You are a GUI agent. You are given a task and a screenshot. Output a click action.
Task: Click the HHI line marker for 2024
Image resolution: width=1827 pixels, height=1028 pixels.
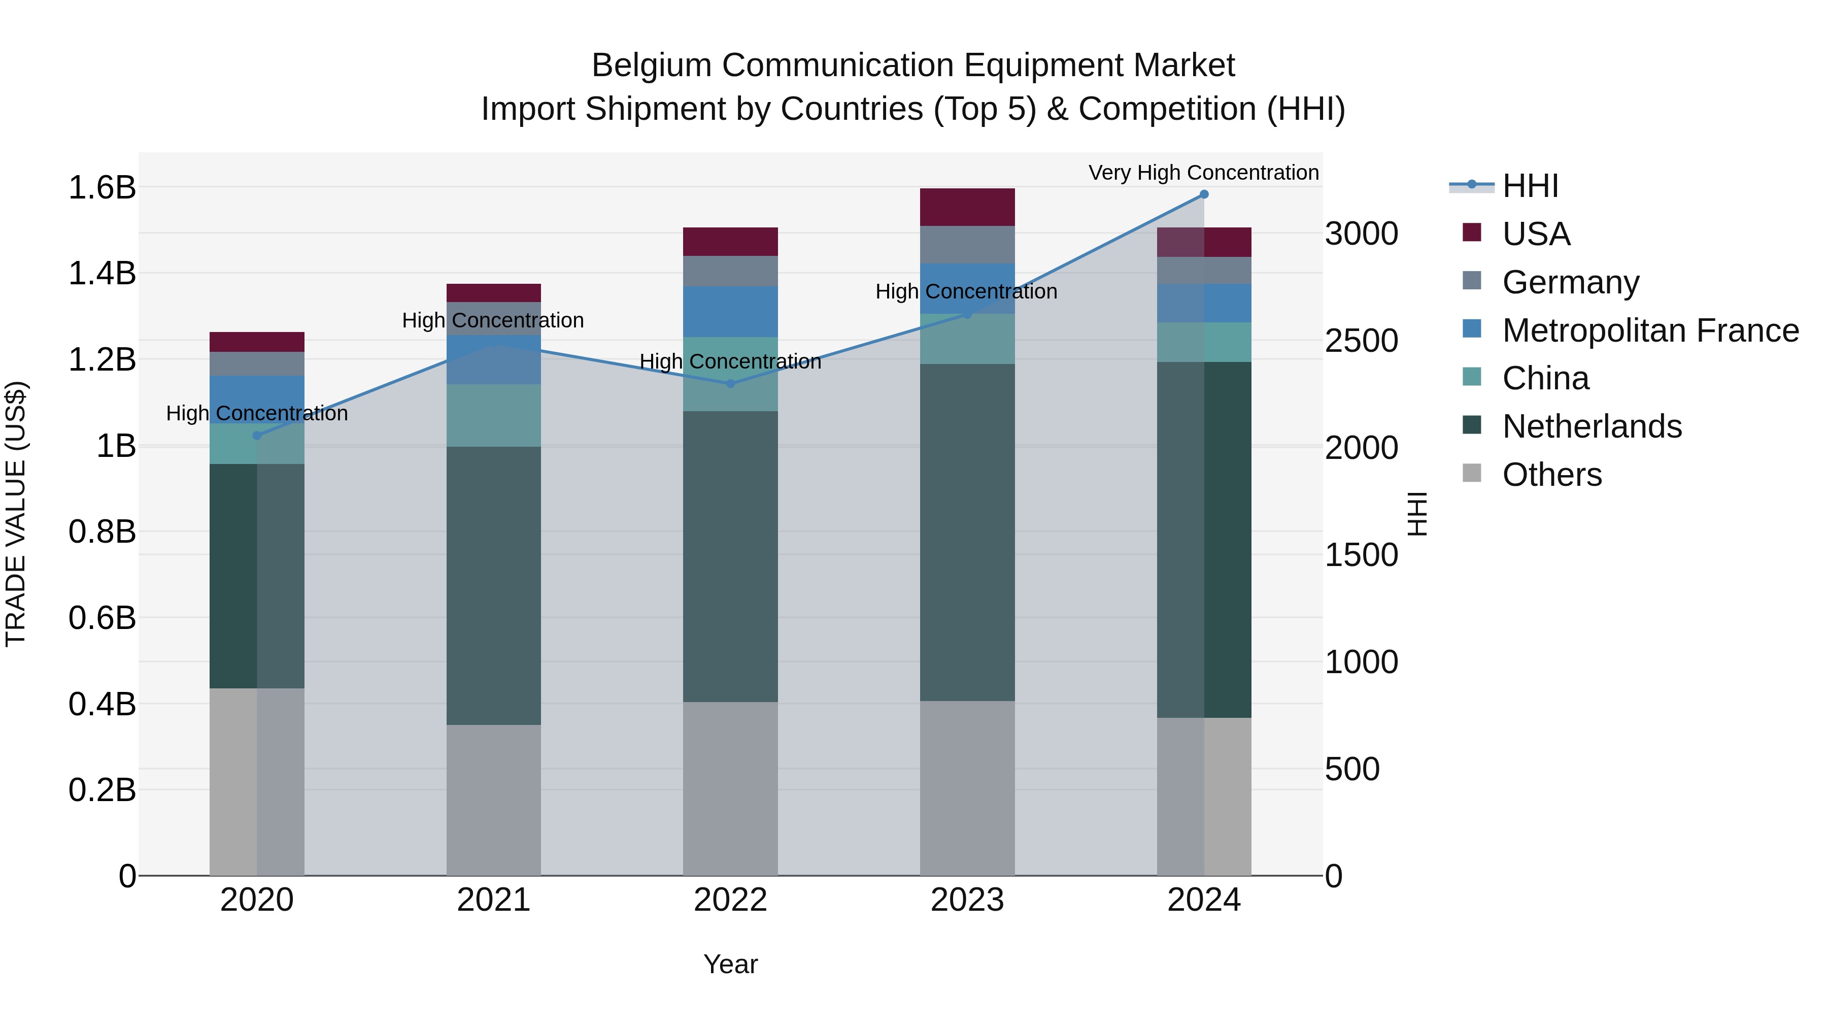coord(1204,194)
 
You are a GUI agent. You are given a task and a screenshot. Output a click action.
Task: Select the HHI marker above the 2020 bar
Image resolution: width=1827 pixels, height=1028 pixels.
coord(257,436)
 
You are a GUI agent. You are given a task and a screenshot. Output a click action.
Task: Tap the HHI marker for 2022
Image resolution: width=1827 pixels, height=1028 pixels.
coord(730,384)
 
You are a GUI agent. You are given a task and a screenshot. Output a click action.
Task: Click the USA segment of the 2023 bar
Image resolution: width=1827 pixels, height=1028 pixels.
coord(967,207)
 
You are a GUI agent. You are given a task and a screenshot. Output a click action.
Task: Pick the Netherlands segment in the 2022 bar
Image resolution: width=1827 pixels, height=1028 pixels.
coord(730,557)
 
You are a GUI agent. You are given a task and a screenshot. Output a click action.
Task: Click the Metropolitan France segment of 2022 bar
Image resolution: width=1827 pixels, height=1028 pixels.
coord(730,312)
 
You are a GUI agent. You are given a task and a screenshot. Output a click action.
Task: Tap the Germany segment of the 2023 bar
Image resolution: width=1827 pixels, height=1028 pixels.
coord(967,245)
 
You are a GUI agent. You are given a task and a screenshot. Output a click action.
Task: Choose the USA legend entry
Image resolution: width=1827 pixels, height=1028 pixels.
coord(1536,234)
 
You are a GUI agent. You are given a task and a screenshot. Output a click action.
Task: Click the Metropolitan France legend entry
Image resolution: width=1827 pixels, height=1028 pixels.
coord(1650,330)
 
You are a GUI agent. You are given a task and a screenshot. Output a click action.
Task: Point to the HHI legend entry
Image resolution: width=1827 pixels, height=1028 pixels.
coord(1530,186)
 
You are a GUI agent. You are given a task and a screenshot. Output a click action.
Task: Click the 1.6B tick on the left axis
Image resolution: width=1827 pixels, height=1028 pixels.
coord(101,188)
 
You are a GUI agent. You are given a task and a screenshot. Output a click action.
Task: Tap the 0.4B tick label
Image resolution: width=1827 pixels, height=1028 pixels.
coord(101,705)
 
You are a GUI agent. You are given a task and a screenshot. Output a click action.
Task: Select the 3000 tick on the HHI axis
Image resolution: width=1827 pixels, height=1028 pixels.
coord(1361,234)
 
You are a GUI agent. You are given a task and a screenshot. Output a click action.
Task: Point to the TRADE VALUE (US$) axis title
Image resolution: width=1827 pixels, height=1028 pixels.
coord(16,514)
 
